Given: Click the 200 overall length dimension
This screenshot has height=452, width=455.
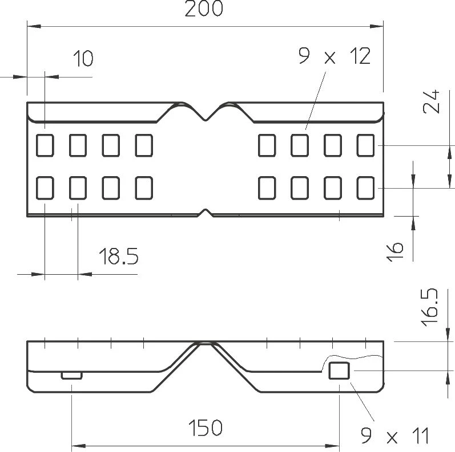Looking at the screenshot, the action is (204, 9).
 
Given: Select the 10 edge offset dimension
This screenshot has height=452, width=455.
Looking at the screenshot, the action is (83, 59).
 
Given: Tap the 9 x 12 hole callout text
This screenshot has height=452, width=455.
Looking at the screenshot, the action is (335, 56).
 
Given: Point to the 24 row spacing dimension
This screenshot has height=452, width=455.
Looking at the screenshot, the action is (432, 101).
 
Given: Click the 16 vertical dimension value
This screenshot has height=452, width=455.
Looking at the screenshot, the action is (394, 251).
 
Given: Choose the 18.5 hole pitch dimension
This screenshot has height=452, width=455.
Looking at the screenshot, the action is (119, 256).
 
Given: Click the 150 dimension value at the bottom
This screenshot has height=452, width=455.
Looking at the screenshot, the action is (205, 427).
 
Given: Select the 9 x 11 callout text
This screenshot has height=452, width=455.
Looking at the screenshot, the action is (395, 435).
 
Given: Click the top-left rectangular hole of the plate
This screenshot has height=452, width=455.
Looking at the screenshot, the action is (45, 145).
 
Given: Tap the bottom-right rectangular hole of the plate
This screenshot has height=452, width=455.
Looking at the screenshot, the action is (365, 188).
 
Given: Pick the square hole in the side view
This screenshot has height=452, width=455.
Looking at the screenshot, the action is (339, 370).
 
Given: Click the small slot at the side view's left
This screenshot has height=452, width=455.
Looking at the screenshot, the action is (72, 376).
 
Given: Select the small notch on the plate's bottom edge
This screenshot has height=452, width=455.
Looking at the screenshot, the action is (206, 213).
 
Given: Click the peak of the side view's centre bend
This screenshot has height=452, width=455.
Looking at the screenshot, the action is (205, 343).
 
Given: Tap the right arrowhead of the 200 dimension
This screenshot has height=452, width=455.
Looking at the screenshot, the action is (377, 26).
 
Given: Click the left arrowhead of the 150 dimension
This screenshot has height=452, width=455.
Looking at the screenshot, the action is (78, 446).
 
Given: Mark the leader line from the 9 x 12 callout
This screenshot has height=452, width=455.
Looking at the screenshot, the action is (316, 100).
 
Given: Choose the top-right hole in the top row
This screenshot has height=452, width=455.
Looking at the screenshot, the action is (365, 145).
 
